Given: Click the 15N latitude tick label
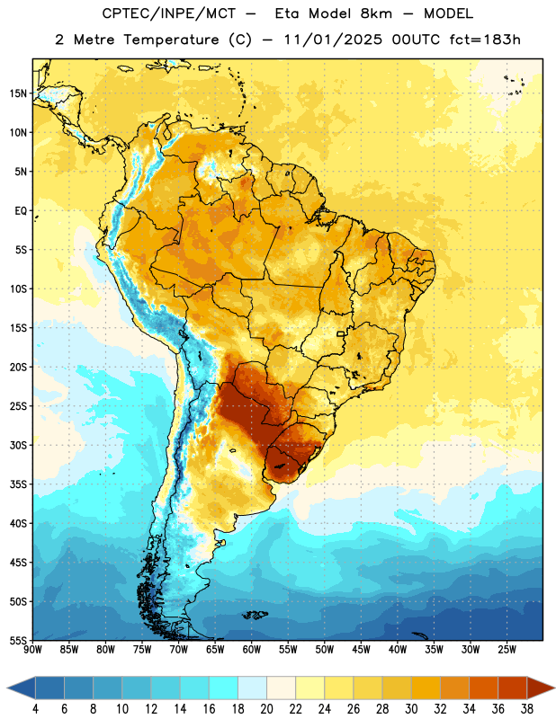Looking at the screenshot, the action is coord(18,93).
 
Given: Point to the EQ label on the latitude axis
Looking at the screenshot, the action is coord(21,211).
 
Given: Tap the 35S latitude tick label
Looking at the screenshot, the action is coord(18,484).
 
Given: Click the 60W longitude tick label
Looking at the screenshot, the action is coord(252,650).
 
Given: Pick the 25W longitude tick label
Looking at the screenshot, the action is coord(507,650).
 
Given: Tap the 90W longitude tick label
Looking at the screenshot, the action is coord(32,650).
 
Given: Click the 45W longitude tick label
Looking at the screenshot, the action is coord(361,650).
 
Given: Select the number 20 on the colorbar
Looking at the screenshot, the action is coord(266,709).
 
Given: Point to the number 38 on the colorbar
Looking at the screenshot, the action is coord(526,709).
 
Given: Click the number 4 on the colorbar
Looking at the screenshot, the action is coord(35,709).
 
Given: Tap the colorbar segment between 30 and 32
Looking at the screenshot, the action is coord(426,688).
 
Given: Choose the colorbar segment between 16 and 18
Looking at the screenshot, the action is coord(223,688).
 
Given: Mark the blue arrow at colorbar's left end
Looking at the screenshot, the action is coord(21,688).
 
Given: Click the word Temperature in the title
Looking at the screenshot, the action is coord(171,40).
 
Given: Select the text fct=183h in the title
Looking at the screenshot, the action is coord(485,40).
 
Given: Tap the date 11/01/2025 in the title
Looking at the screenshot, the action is coord(332,40).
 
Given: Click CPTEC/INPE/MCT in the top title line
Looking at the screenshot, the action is coord(168,13).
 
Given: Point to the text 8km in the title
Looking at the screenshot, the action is coord(376,13).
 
